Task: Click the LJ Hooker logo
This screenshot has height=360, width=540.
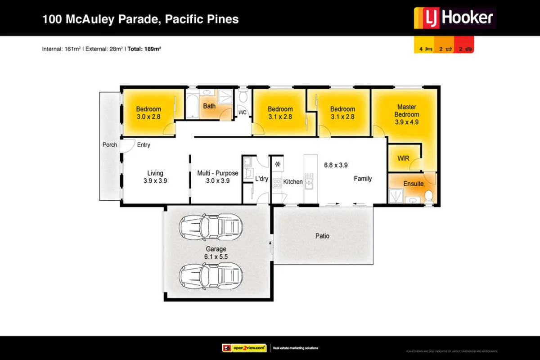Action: [454, 18]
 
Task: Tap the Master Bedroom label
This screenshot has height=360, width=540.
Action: [407, 111]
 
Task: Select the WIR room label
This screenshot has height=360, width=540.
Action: [403, 158]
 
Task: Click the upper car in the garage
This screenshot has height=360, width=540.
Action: [211, 228]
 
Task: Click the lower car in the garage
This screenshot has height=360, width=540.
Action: [211, 274]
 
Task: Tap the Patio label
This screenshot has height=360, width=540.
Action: [322, 236]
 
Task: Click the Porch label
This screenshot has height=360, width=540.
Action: [109, 145]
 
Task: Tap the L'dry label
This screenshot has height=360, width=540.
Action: [261, 179]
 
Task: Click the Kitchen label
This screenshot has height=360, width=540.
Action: [293, 182]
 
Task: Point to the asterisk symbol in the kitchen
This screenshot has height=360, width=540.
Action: [278, 164]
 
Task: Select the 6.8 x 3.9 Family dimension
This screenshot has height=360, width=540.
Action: [336, 165]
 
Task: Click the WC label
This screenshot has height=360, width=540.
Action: [243, 112]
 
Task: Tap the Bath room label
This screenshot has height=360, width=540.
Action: [209, 106]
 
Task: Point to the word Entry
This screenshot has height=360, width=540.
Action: [144, 145]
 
